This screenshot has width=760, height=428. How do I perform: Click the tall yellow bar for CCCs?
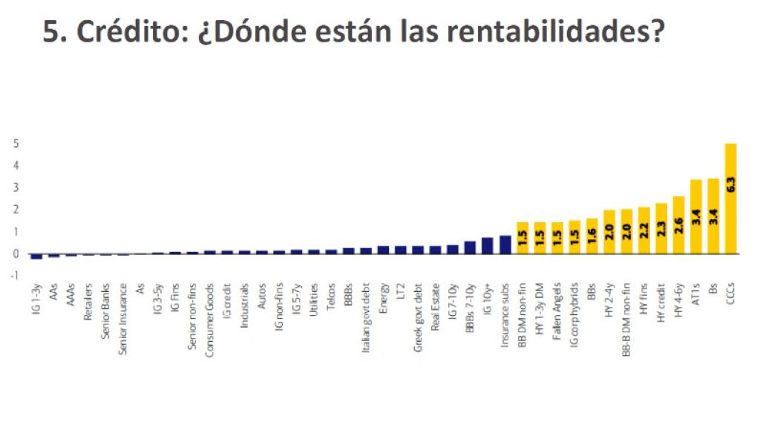[x=730, y=198]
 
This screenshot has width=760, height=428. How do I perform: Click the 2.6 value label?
[x=678, y=225]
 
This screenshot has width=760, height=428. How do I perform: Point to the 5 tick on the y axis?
[x=16, y=143]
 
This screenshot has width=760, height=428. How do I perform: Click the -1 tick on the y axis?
[x=15, y=276]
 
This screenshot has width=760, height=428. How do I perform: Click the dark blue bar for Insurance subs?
[x=505, y=244]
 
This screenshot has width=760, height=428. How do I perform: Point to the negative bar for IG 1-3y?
[x=36, y=256]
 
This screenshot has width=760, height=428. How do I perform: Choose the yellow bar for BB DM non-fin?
[x=522, y=238]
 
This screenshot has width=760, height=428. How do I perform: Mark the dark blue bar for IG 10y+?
[x=488, y=246]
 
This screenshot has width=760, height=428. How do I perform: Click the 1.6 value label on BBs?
[x=592, y=236]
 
